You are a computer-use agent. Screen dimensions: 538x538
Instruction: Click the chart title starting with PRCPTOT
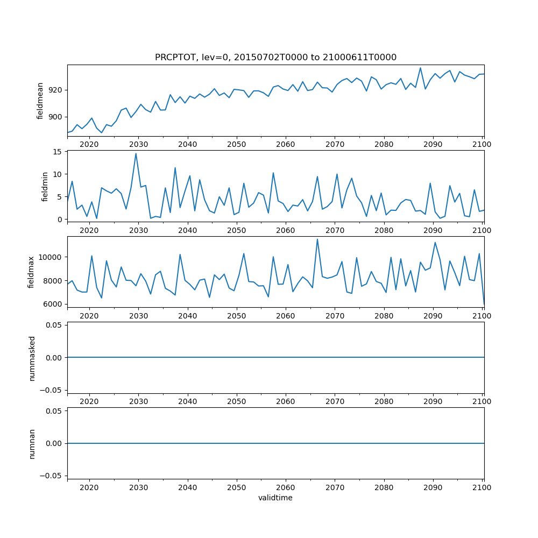(275, 58)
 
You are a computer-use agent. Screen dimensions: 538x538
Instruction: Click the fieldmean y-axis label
(40, 101)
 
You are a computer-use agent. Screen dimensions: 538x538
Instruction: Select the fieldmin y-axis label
(45, 186)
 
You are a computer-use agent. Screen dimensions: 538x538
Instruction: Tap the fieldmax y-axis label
(31, 272)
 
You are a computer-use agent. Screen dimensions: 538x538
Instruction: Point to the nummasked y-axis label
(32, 357)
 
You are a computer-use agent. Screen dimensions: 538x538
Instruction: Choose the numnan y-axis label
(32, 443)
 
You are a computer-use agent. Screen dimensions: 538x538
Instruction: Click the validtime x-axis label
(275, 498)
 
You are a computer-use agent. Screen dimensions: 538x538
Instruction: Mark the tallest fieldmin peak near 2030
(136, 153)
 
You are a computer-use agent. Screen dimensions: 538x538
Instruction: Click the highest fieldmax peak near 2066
(317, 239)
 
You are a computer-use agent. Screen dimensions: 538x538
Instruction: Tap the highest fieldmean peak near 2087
(420, 68)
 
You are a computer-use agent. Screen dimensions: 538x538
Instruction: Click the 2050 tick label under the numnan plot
(237, 487)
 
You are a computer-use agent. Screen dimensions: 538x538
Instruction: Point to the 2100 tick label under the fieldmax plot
(482, 316)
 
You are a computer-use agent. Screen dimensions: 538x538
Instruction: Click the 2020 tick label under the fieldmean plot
(89, 144)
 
